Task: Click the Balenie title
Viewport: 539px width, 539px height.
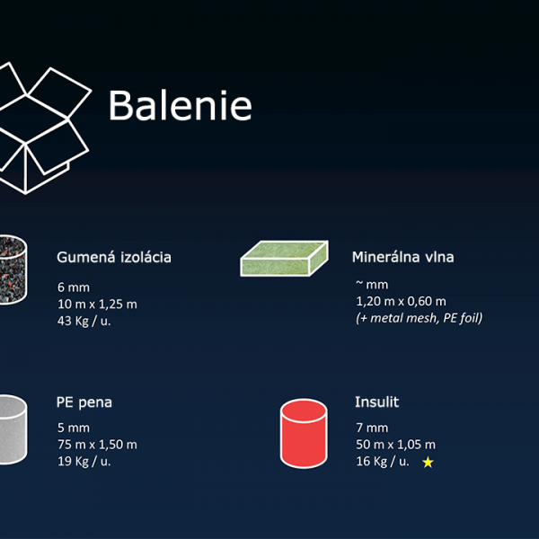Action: tap(181, 105)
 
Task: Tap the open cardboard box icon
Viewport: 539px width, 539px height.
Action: tap(41, 128)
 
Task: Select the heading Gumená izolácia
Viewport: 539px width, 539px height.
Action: tap(114, 257)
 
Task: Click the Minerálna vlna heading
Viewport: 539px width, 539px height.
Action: tap(402, 257)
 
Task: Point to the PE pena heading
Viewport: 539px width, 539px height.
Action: tap(84, 402)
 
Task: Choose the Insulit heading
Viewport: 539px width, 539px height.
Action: tap(376, 402)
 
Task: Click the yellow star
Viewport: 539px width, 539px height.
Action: tap(428, 463)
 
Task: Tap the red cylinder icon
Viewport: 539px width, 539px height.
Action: tap(304, 434)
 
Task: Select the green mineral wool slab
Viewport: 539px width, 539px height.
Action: tap(284, 258)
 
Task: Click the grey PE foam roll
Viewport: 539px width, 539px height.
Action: tap(13, 429)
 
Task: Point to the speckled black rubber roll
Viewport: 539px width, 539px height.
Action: tap(13, 269)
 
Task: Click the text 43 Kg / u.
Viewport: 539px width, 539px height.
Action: tap(84, 321)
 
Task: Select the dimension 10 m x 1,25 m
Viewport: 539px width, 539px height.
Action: tap(97, 305)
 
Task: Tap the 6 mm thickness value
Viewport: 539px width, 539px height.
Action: tap(74, 287)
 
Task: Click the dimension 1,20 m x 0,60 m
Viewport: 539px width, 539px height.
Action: tap(402, 302)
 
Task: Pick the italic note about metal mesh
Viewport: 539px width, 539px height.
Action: tap(419, 318)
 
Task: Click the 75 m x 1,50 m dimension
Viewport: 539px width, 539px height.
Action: tap(97, 445)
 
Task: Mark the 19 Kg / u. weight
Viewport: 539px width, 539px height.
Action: tap(84, 462)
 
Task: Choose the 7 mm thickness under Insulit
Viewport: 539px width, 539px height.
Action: tap(372, 428)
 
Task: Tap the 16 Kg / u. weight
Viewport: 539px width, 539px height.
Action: tap(383, 462)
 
